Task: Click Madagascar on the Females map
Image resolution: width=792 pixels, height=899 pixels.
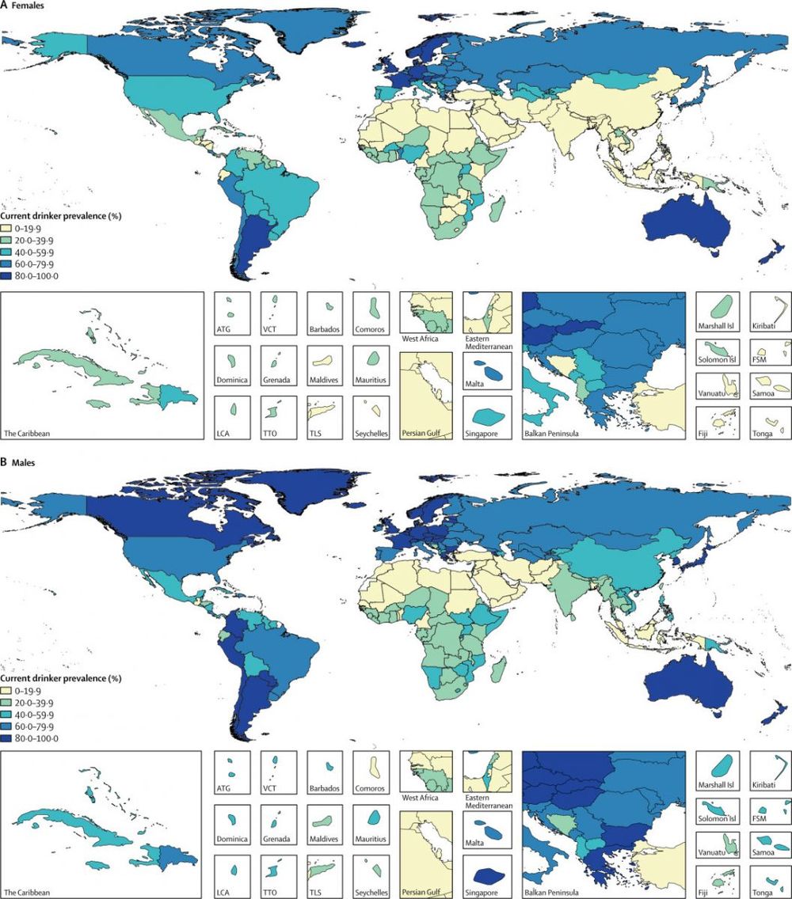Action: (497, 211)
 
